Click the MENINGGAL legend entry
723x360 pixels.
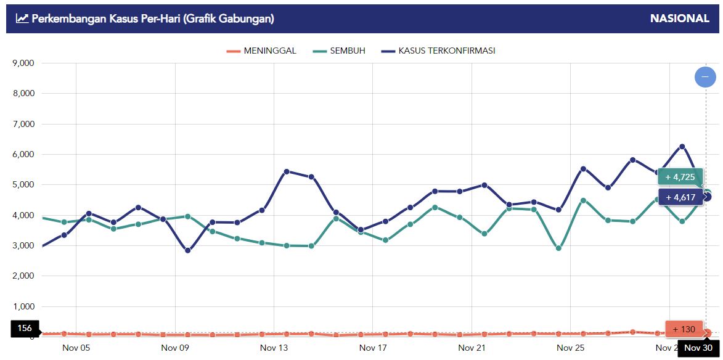click(x=261, y=51)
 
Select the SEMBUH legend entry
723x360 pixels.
click(x=339, y=51)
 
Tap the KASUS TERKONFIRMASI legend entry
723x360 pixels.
click(x=438, y=51)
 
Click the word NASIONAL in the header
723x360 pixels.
click(x=679, y=18)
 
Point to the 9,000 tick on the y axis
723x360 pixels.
click(x=23, y=63)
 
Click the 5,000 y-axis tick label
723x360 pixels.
click(x=23, y=185)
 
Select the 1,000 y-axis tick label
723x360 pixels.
click(x=23, y=306)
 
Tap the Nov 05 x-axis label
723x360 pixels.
click(x=76, y=348)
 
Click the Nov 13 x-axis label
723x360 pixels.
click(x=274, y=348)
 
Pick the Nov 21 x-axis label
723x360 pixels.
click(x=472, y=348)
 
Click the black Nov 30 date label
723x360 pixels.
click(x=698, y=348)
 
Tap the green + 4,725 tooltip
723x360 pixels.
click(x=680, y=177)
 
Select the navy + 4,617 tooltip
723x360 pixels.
click(x=680, y=197)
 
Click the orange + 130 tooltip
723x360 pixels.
click(x=684, y=329)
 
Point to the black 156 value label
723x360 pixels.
click(x=25, y=329)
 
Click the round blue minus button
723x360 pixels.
click(x=705, y=77)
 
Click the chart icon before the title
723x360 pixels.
click(x=22, y=18)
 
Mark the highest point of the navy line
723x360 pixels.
click(x=682, y=147)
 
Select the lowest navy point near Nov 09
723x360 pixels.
click(x=187, y=250)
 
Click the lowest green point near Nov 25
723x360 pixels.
click(x=558, y=248)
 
